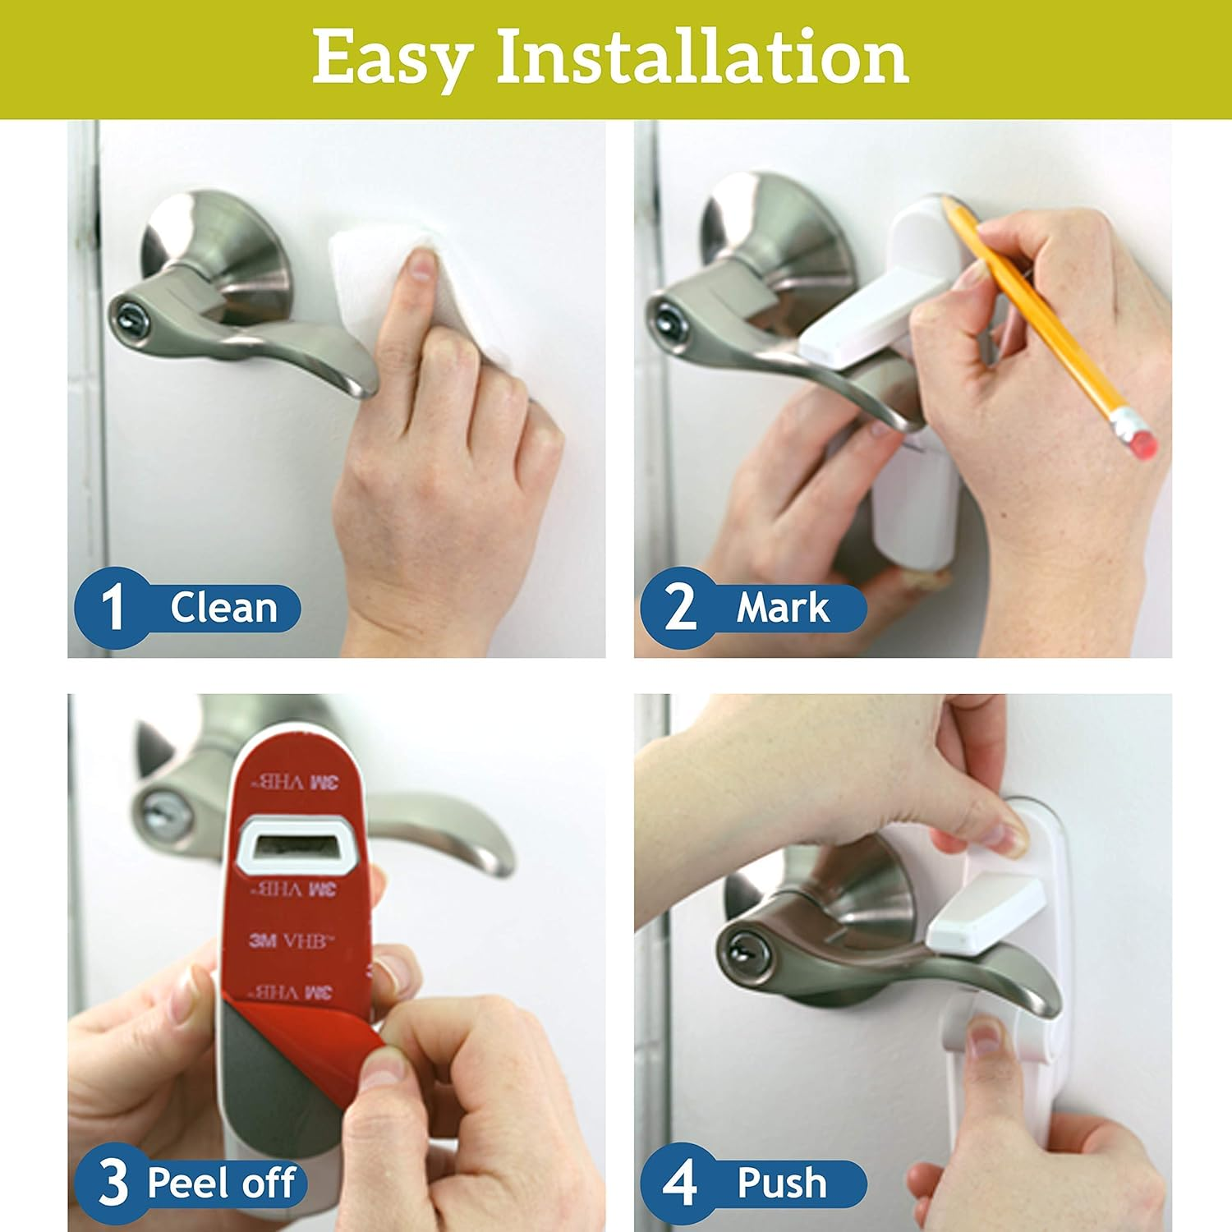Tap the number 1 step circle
click(x=113, y=607)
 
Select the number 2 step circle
click(x=679, y=607)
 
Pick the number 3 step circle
click(x=113, y=1183)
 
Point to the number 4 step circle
click(x=679, y=1183)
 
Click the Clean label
click(x=223, y=608)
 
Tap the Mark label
click(x=782, y=608)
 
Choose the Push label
click(x=781, y=1183)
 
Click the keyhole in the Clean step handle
click(x=130, y=315)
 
